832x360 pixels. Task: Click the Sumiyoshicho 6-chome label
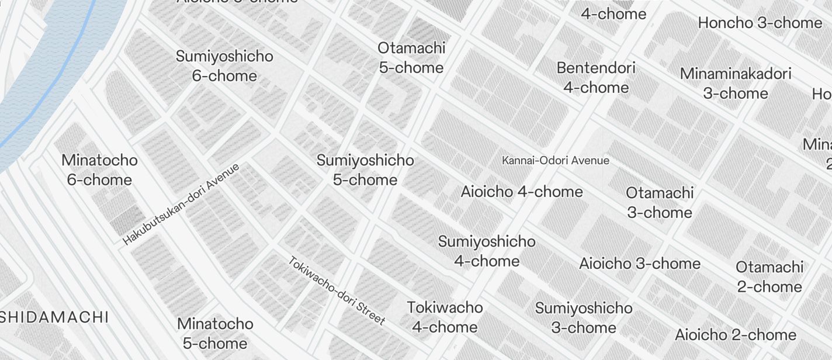(224, 66)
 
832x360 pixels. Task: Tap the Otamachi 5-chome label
(411, 57)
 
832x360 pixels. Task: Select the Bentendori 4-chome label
(596, 77)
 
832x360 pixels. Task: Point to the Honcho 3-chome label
(760, 23)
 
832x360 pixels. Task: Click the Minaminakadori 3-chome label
(736, 83)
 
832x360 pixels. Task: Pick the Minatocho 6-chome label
(99, 169)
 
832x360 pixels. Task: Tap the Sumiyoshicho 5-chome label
(365, 169)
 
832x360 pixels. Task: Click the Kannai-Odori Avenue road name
(556, 160)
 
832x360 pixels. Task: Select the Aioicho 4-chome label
(522, 191)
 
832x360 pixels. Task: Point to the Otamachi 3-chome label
(660, 202)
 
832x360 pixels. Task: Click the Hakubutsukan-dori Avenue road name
(182, 204)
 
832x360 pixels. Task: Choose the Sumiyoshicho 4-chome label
(487, 251)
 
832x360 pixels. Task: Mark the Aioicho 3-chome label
(640, 263)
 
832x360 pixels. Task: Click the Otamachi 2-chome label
(769, 276)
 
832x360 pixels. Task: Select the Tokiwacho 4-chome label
(445, 317)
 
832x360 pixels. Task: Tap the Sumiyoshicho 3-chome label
(584, 317)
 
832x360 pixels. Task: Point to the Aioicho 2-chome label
(736, 335)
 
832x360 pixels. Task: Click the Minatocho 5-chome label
(215, 333)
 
